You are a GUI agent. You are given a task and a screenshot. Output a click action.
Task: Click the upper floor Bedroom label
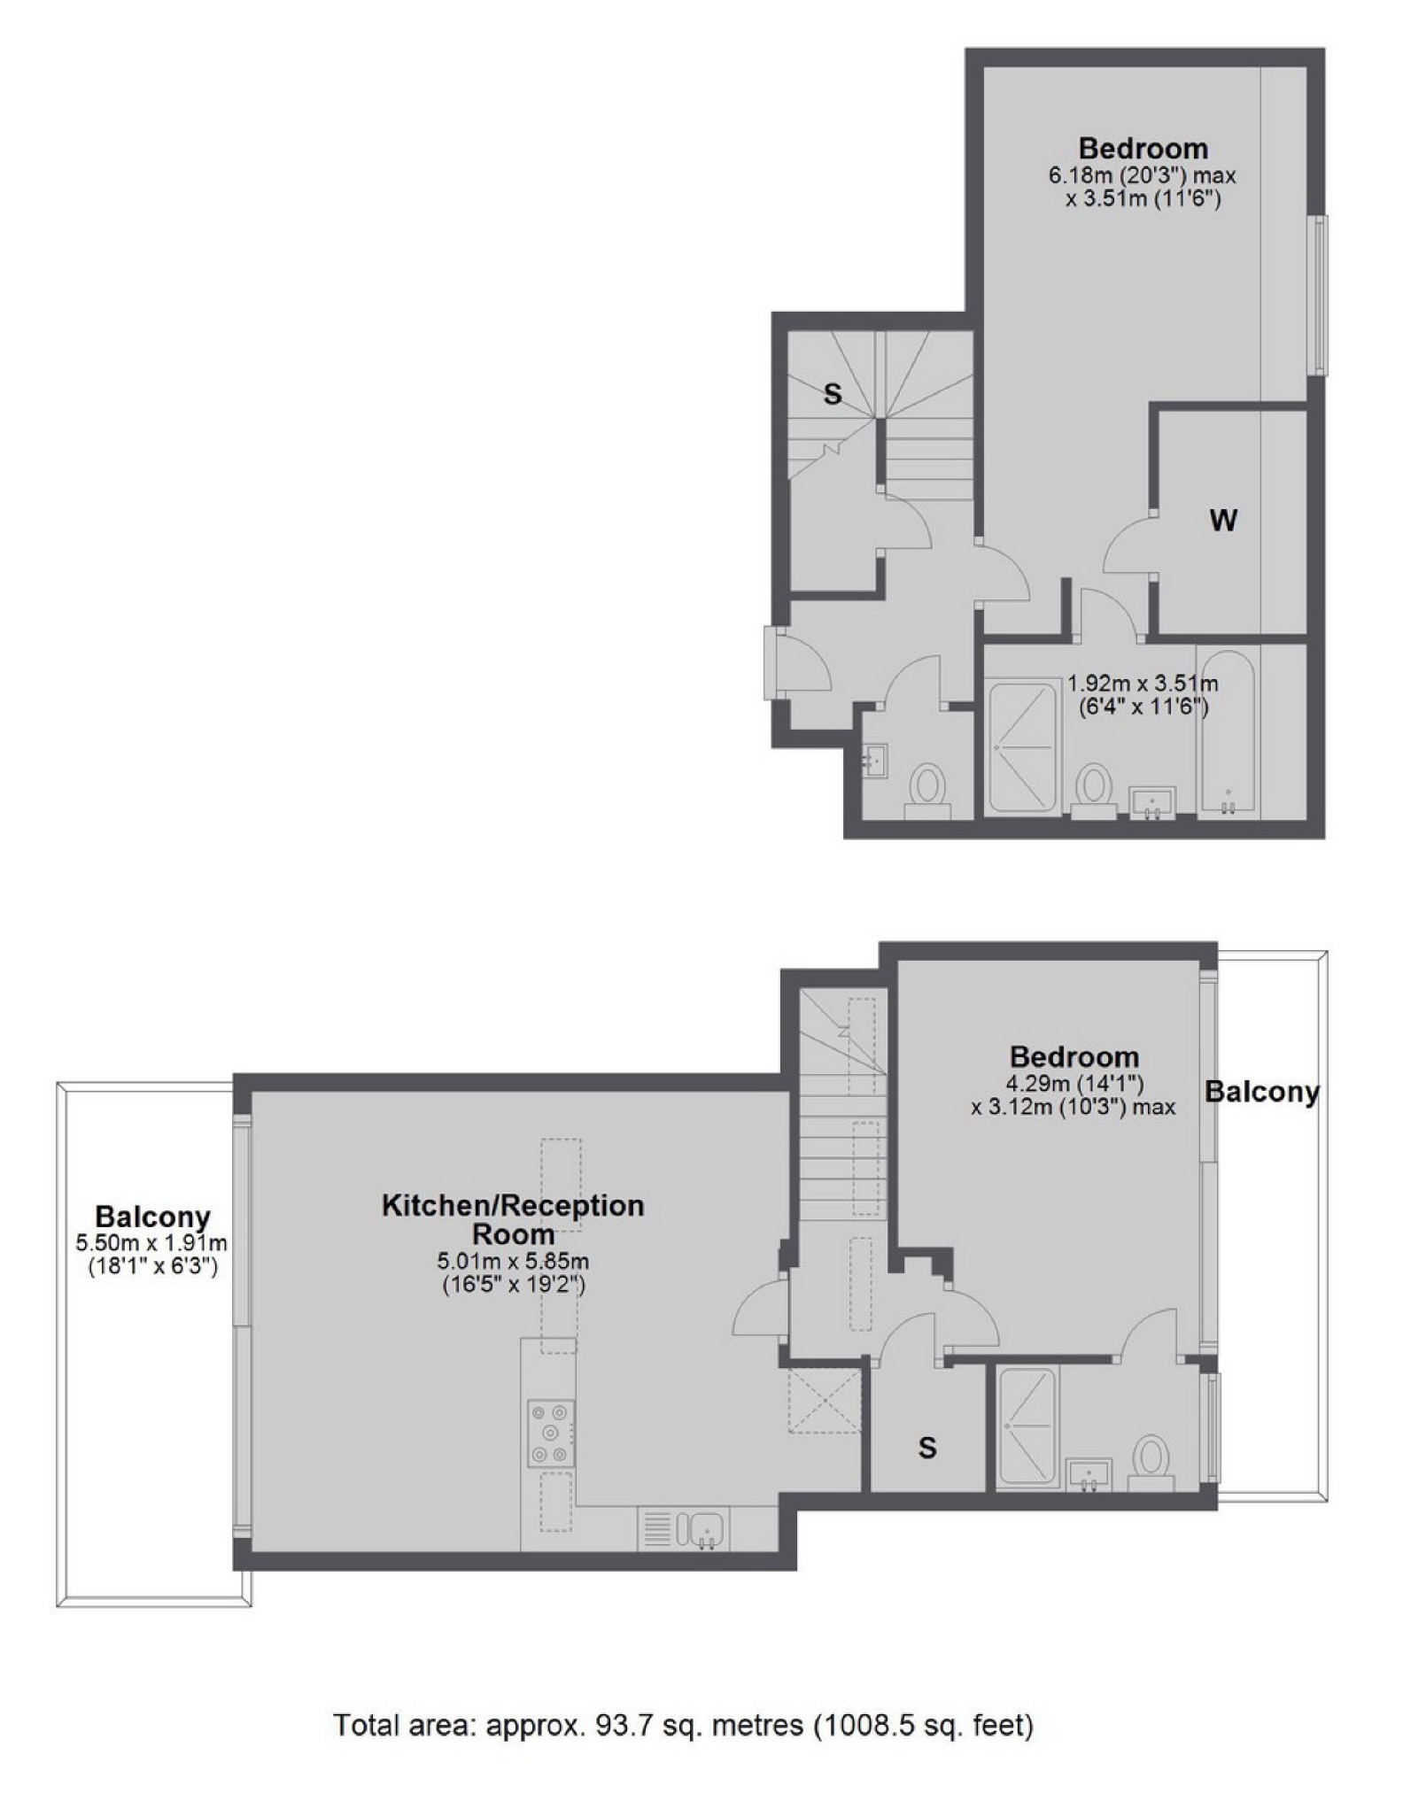1143,147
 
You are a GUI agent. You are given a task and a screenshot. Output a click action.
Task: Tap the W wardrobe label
1223,521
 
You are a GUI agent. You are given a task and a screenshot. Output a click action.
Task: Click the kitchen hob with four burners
549,1433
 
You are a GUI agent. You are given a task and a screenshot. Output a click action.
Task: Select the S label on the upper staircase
832,394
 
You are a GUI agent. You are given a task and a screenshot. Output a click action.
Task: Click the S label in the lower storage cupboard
927,1448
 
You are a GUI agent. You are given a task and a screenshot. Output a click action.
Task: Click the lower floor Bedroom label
1074,1056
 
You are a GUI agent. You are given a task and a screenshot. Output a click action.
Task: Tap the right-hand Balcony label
1262,1092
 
